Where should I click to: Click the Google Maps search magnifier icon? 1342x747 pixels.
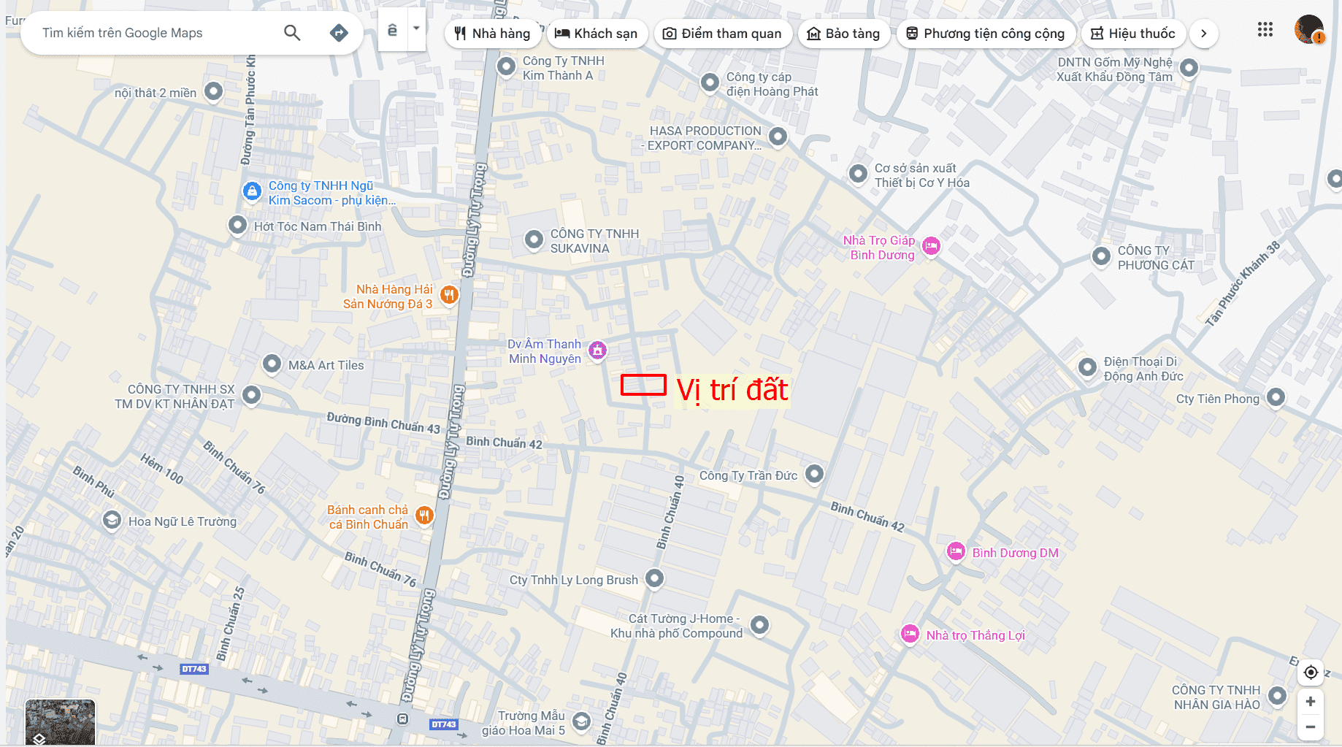click(x=292, y=32)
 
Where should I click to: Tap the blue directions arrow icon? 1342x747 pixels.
click(x=339, y=32)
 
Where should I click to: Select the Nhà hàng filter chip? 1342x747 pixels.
click(x=492, y=34)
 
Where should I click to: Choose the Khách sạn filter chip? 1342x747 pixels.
click(x=596, y=34)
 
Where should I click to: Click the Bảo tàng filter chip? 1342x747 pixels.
click(x=843, y=34)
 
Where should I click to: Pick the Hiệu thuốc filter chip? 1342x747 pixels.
click(x=1132, y=34)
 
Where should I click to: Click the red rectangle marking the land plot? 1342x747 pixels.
click(x=643, y=385)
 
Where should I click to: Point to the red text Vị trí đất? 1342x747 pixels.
click(x=732, y=390)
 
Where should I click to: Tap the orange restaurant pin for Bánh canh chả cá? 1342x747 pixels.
click(x=424, y=516)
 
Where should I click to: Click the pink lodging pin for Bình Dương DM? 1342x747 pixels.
click(x=956, y=551)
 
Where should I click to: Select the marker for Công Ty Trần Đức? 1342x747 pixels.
click(x=814, y=474)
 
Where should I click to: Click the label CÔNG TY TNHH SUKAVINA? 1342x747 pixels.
click(x=594, y=241)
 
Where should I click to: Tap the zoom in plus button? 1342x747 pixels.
click(x=1311, y=701)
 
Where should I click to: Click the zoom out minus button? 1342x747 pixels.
click(x=1311, y=727)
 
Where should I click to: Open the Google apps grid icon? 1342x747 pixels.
click(x=1265, y=30)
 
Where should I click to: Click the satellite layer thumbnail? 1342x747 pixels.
click(x=60, y=721)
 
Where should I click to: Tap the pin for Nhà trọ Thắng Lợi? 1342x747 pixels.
click(x=910, y=634)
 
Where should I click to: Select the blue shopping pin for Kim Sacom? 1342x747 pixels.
click(x=252, y=191)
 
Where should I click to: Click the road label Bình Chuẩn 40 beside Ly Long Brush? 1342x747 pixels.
click(x=671, y=512)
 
